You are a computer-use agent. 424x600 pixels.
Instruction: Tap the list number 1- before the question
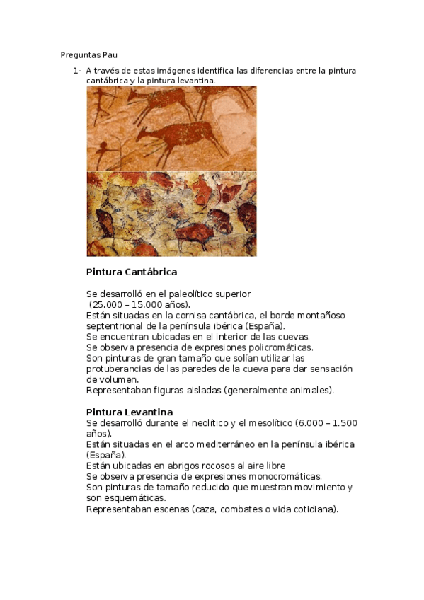click(76, 71)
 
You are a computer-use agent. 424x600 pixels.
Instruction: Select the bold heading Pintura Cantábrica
click(131, 272)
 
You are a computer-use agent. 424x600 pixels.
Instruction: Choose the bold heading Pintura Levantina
click(129, 412)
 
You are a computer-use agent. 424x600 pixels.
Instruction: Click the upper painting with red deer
click(171, 128)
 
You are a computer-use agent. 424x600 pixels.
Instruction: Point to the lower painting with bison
click(171, 214)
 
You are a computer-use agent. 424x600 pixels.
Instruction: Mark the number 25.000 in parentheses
click(108, 304)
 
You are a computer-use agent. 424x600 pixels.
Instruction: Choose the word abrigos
click(159, 466)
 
